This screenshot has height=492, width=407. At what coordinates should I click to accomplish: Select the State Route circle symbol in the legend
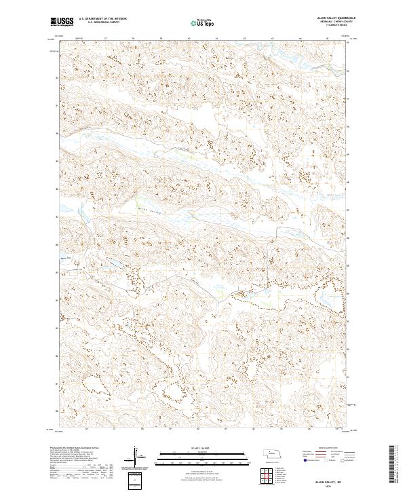point(343,459)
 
